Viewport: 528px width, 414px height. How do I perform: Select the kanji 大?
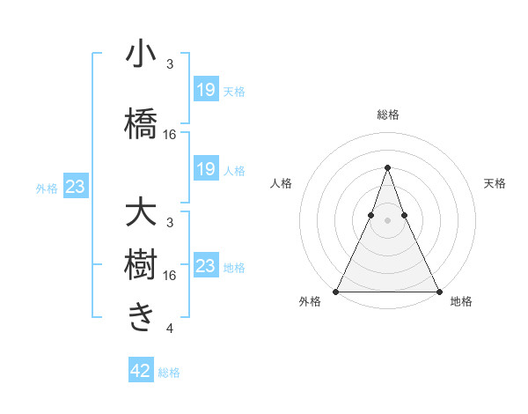[141, 214]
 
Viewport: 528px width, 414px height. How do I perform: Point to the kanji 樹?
[141, 263]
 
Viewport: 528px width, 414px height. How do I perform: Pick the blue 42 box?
[141, 371]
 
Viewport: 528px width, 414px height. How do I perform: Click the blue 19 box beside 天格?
[206, 89]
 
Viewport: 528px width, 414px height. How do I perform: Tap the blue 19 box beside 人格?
[206, 169]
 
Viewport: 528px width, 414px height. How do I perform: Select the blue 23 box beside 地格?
[206, 266]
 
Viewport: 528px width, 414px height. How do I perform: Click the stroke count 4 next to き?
[169, 329]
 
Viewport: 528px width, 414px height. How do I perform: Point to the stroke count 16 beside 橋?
[171, 134]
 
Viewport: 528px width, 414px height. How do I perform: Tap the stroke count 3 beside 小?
[170, 64]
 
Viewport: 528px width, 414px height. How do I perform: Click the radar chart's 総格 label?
[388, 115]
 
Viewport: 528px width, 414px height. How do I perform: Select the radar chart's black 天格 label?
[495, 183]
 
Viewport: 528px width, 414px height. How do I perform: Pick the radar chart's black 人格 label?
[281, 183]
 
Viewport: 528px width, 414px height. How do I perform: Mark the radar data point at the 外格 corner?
[336, 292]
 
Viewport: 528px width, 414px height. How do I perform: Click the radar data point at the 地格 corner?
[439, 292]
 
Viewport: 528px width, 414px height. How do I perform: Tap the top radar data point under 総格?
[387, 166]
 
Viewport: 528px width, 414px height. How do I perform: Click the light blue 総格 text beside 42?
[170, 373]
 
